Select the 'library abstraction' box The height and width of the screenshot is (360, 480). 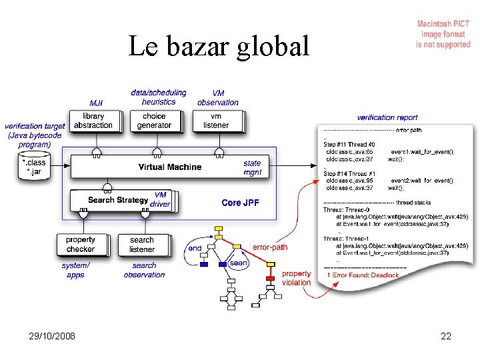pos(93,121)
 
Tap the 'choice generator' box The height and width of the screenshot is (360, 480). pos(154,121)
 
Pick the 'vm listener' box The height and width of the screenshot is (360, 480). pos(215,121)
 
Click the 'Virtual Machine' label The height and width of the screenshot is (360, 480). pos(169,167)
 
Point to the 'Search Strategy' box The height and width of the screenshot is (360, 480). pos(119,200)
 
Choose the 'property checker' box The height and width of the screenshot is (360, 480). pos(81,245)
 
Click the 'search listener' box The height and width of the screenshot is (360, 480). pos(141,245)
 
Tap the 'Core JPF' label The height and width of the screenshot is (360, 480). pos(240,203)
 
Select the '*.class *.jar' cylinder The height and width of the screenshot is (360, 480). pos(34,166)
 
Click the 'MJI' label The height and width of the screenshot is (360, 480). pos(96,103)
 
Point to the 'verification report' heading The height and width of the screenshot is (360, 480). pos(387,117)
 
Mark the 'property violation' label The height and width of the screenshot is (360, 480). pos(297,278)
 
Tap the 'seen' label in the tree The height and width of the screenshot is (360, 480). pos(239,263)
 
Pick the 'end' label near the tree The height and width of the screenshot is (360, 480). pos(195,248)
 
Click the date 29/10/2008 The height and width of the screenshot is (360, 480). pos(53,336)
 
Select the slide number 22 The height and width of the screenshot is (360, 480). pos(446,336)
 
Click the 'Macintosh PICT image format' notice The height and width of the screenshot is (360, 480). pos(443,34)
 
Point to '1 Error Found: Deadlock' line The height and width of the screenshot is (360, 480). pos(363,275)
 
